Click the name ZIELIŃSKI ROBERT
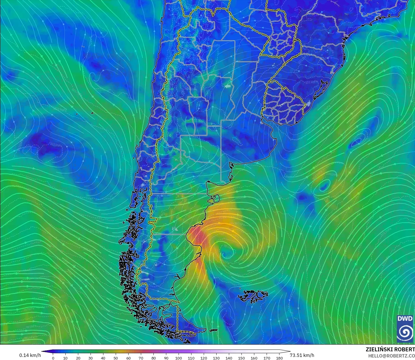[390, 350]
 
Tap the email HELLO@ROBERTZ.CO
[391, 356]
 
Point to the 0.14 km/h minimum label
[30, 355]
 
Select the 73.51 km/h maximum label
[302, 355]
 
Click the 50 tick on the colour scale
[116, 358]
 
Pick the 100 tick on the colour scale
[179, 358]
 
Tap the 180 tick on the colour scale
[279, 358]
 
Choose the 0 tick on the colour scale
[53, 358]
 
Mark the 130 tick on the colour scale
[216, 358]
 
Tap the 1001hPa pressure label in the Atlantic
[332, 175]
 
